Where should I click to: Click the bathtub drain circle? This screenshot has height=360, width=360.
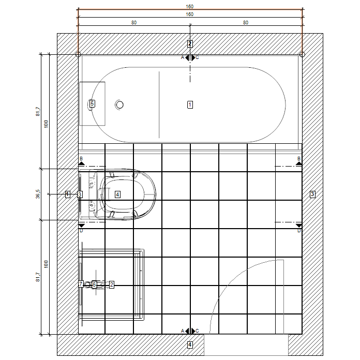(x=119, y=105)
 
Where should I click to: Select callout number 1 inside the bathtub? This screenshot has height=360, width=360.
(x=190, y=104)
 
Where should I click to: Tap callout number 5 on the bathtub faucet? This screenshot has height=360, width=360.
(x=92, y=103)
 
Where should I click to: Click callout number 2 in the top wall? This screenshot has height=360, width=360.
(x=190, y=43)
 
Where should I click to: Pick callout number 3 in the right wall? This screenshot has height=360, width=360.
(x=312, y=194)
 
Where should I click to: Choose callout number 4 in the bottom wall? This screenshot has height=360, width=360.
(x=190, y=344)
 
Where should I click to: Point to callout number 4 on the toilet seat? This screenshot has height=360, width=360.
(x=117, y=194)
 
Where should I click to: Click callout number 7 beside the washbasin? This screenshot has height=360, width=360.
(x=81, y=284)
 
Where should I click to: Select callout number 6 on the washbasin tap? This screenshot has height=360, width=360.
(x=94, y=284)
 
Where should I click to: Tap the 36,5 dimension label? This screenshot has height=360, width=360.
(x=38, y=194)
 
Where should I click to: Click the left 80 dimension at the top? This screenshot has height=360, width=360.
(x=134, y=23)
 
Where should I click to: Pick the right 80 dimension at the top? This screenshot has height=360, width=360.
(x=246, y=23)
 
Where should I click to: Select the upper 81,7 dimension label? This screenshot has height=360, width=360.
(x=38, y=111)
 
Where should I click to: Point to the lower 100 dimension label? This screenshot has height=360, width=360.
(x=46, y=264)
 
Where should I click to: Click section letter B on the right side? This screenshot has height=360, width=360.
(x=299, y=158)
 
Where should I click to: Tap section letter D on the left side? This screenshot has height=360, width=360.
(x=81, y=231)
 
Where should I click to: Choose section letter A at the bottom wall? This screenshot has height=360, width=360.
(x=183, y=331)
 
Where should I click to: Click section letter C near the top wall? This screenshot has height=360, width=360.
(x=197, y=57)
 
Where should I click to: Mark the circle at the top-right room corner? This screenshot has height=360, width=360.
(x=302, y=54)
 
